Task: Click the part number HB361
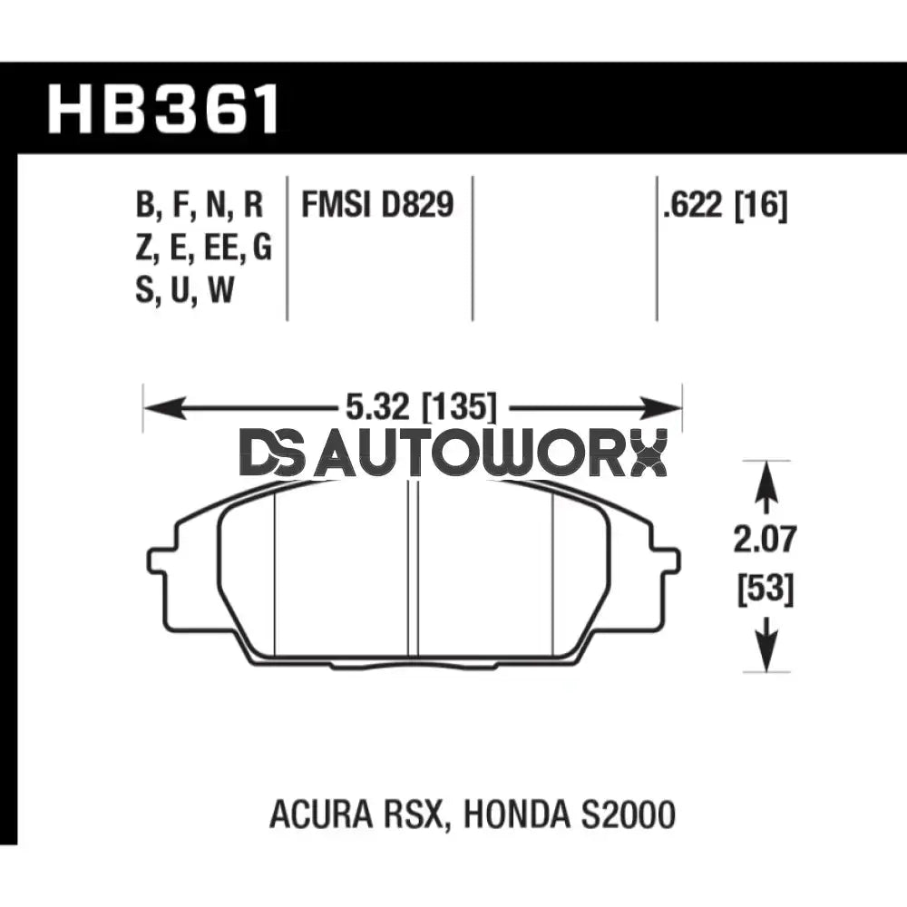tap(164, 110)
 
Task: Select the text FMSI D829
tap(376, 206)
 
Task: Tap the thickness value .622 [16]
tap(725, 207)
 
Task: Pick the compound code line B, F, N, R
tap(199, 206)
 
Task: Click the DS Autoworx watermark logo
tap(453, 453)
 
